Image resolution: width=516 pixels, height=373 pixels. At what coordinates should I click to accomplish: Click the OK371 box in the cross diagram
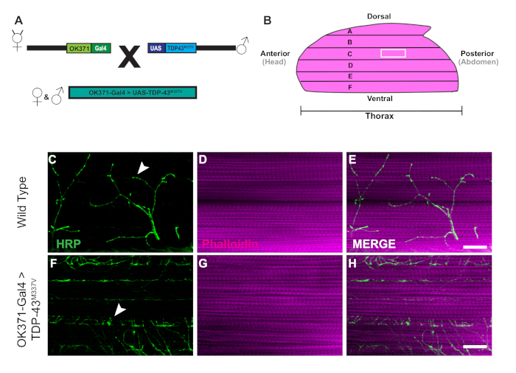point(78,47)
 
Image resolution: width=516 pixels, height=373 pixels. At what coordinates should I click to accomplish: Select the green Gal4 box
point(101,47)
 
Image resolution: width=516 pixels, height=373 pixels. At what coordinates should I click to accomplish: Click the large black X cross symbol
point(129,57)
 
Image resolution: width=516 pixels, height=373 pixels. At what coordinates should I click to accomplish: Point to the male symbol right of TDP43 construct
point(242,47)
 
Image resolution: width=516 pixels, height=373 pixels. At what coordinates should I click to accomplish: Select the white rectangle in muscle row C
point(393,53)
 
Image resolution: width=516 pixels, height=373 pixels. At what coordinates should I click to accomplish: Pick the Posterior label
point(477,53)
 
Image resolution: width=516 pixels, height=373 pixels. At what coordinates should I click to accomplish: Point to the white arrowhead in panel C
point(143,170)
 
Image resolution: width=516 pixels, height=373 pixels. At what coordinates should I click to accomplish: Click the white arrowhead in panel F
point(118,313)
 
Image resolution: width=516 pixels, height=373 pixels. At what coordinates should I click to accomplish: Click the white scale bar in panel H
point(476,345)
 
